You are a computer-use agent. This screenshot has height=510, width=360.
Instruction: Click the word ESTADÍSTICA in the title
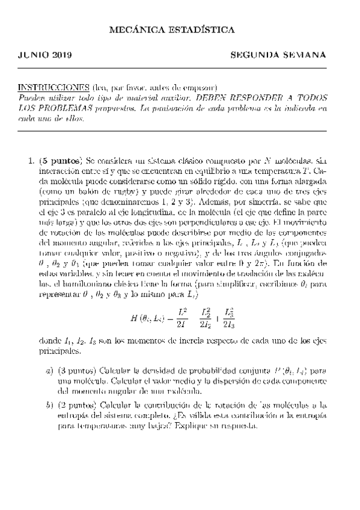pos(204,29)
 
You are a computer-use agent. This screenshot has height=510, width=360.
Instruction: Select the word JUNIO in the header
pos(31,55)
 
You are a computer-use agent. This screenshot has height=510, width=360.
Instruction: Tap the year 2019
pos(62,55)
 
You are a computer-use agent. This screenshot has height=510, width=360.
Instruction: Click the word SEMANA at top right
pos(304,55)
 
